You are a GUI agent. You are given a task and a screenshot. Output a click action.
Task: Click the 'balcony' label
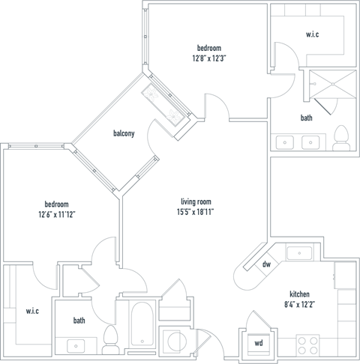click(x=124, y=134)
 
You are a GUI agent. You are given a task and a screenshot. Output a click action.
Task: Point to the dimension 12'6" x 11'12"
click(x=56, y=214)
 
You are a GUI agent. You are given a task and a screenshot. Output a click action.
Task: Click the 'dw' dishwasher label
click(x=266, y=264)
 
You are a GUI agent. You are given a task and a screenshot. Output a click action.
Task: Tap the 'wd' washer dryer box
click(x=259, y=344)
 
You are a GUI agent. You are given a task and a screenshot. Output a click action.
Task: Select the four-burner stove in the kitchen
click(x=307, y=345)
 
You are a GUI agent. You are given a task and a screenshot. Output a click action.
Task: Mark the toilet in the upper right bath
click(x=342, y=137)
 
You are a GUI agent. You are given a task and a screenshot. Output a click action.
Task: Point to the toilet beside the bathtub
click(x=112, y=339)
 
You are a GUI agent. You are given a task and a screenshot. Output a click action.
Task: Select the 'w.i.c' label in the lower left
click(x=32, y=311)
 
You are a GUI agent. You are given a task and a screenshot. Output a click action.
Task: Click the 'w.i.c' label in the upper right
click(x=313, y=34)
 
